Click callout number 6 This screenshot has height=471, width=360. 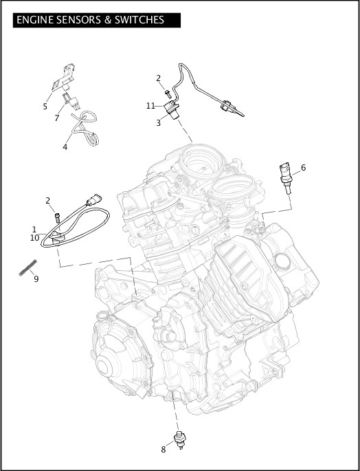[304, 167]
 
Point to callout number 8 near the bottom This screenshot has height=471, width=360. [163, 450]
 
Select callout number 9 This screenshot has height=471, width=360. [36, 278]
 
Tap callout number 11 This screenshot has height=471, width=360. [150, 105]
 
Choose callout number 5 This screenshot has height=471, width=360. [45, 107]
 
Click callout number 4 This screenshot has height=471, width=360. [65, 146]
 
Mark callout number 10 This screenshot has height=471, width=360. [34, 237]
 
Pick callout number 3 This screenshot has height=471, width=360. [158, 123]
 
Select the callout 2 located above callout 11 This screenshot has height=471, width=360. [158, 78]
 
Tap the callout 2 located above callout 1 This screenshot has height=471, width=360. [47, 200]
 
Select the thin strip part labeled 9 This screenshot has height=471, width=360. [27, 268]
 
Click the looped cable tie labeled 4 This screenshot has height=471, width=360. [84, 131]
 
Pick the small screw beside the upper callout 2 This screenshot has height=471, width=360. [168, 89]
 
